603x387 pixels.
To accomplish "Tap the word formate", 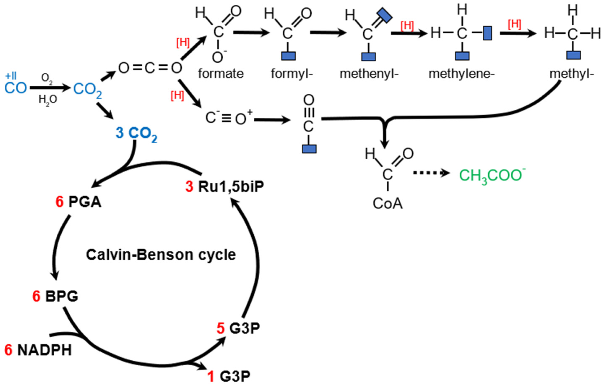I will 221,74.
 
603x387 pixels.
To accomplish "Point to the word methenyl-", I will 369,74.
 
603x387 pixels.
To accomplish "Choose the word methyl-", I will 572,74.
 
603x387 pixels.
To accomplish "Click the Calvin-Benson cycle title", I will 161,255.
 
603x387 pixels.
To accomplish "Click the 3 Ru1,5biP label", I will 225,186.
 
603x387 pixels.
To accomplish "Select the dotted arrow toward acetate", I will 431,173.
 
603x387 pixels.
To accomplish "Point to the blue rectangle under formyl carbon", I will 288,56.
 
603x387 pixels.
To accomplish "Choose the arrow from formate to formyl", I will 251,33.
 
